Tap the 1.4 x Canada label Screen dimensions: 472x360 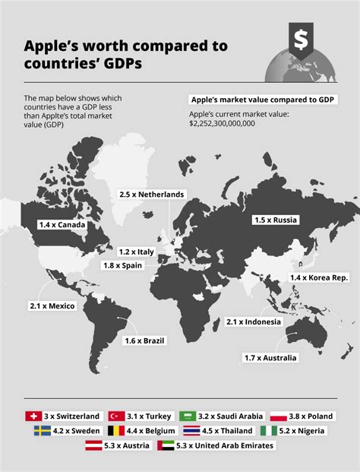62,225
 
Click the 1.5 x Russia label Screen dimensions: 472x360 275,220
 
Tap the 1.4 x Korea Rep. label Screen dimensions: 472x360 319,279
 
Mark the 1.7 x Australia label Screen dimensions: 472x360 271,357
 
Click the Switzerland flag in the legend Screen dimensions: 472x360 32,417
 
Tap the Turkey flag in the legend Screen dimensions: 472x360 116,417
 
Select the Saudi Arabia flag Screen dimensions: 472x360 188,417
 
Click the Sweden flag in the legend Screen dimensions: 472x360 42,431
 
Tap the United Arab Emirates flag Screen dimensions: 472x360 166,446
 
